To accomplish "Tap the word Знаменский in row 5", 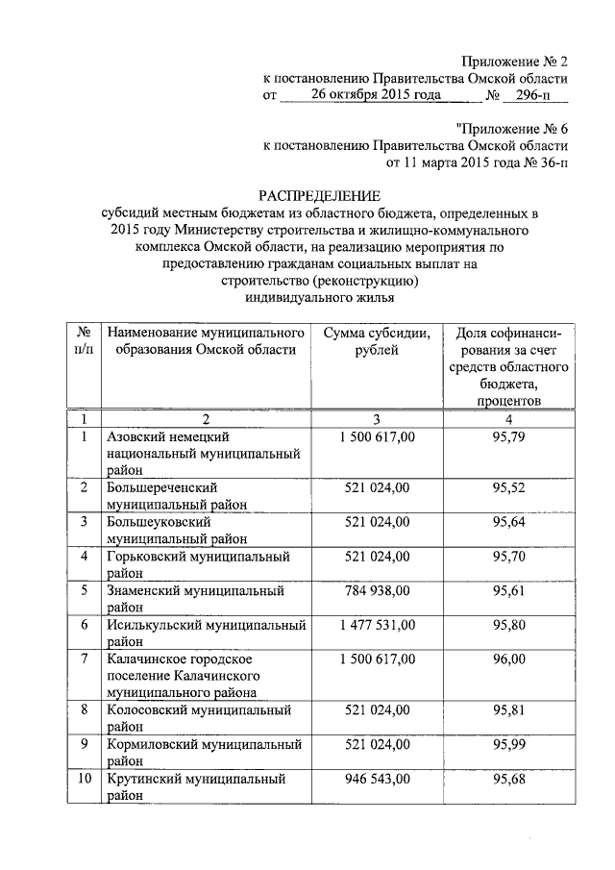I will pos(146,590).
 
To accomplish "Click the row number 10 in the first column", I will pos(84,778).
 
